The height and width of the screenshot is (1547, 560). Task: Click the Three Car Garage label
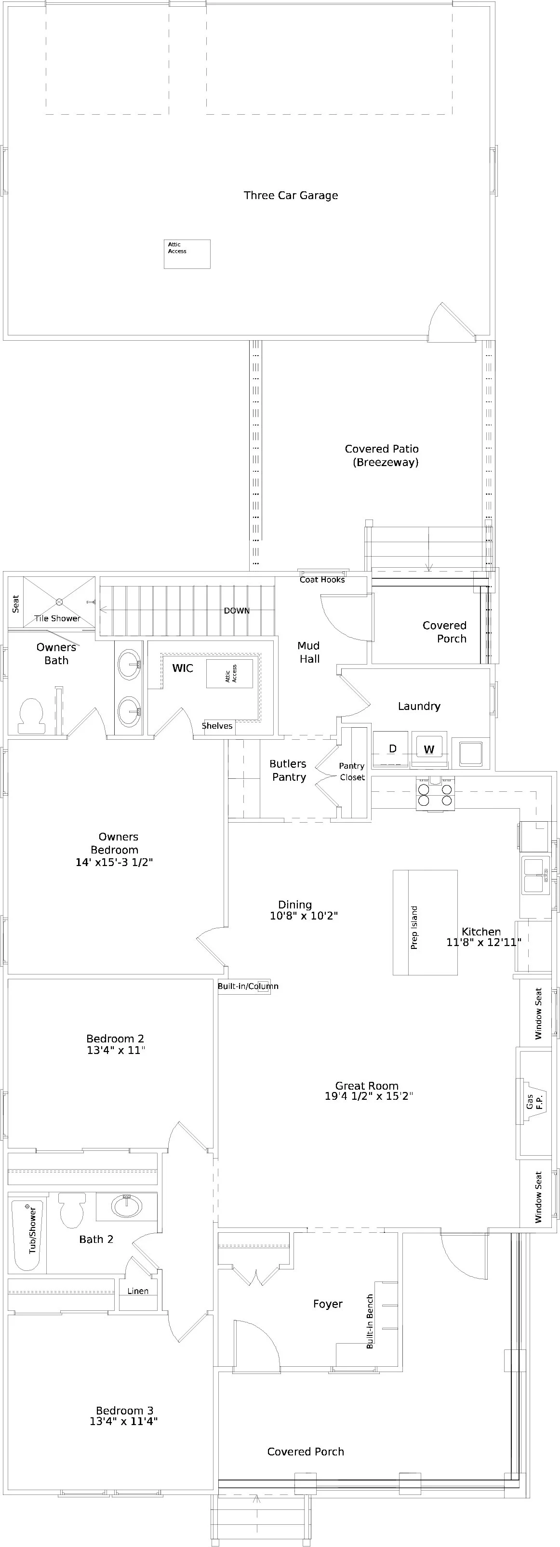291,195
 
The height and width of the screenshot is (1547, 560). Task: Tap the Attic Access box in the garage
187,254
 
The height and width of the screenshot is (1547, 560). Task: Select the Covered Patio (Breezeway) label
382,455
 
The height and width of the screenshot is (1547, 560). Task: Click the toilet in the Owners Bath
31,715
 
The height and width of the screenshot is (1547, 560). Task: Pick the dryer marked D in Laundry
391,749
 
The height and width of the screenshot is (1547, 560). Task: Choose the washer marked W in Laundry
429,749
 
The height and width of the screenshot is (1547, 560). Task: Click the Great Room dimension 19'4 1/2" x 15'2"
368,1096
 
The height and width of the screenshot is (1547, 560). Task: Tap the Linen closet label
138,1291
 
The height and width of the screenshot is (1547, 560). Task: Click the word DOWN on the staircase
237,611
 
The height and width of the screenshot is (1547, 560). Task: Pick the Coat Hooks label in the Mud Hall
322,580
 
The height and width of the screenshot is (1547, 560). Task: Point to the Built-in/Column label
248,986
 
